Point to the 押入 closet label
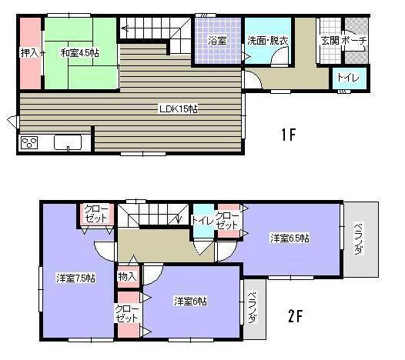(29, 52)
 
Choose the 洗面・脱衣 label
(267, 40)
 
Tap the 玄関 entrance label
(329, 40)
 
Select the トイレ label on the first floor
(344, 78)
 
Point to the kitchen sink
(68, 142)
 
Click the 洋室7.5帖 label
(75, 277)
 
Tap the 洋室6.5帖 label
(290, 238)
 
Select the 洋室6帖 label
(189, 300)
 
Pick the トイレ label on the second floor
(202, 220)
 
